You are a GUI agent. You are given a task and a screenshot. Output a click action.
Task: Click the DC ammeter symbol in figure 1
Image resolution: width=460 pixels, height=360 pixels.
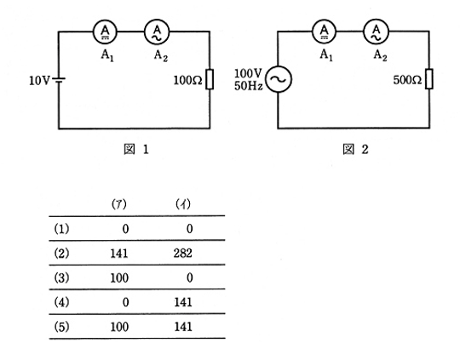point(105,31)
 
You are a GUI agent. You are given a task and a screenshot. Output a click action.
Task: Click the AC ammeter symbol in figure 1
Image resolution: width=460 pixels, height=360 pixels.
point(157,31)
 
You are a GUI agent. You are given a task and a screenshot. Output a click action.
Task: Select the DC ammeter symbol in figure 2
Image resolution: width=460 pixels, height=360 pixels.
point(325,31)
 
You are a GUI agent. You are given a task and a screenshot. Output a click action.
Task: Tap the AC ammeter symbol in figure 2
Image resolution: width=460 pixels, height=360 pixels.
point(377,31)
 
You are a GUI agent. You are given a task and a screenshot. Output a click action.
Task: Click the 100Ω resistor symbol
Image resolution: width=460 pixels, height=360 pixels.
point(210,79)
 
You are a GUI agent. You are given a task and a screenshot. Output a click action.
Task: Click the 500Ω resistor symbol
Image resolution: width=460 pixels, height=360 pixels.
point(428,79)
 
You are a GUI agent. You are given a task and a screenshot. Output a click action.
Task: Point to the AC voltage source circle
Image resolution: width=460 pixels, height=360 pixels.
point(279,79)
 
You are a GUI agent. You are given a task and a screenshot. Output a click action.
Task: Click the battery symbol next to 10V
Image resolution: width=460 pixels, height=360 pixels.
point(59,79)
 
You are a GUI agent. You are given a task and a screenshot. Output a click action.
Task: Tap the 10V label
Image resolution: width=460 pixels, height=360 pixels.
point(39,80)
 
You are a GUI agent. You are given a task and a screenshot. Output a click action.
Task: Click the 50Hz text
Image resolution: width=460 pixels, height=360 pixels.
point(249,86)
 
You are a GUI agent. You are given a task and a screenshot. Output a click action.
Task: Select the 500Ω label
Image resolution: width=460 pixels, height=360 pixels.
point(407,80)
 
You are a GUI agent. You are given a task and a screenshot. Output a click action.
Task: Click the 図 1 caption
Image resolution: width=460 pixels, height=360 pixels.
point(136,150)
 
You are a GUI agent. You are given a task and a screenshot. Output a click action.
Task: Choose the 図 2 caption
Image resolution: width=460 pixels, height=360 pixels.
point(355,149)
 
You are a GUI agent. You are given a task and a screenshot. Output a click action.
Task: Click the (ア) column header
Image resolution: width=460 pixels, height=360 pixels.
point(119,204)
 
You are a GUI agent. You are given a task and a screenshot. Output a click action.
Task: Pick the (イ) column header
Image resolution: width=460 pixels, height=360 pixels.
point(183,204)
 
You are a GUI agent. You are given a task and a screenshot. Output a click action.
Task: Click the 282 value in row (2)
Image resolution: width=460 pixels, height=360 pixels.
point(183,253)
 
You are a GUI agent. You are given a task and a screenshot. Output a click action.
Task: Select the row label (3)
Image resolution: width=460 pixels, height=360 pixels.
point(61,277)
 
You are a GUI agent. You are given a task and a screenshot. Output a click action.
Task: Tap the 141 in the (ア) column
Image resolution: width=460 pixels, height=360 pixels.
point(119,254)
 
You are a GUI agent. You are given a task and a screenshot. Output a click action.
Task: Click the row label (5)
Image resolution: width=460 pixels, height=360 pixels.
point(61,327)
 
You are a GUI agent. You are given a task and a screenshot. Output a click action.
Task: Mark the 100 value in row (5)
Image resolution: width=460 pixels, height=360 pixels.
point(119,327)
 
